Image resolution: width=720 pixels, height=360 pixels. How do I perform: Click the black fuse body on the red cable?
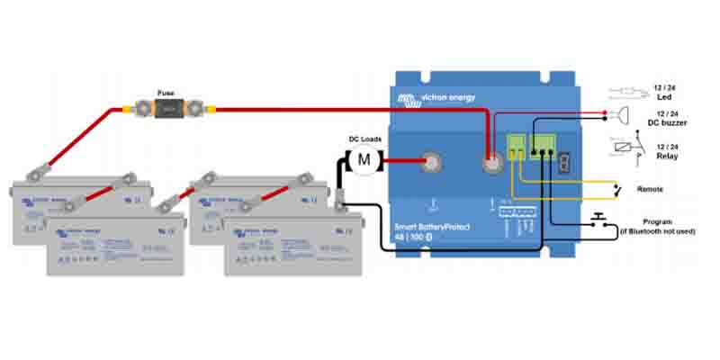click(167, 110)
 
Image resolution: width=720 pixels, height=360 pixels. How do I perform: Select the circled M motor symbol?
click(364, 159)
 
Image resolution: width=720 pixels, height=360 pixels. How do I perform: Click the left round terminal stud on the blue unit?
click(432, 163)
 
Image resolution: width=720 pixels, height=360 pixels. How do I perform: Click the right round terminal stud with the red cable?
click(492, 164)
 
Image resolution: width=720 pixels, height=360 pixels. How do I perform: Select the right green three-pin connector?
click(544, 145)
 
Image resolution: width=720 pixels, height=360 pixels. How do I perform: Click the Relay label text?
click(667, 155)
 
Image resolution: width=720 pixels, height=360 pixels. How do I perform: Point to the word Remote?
click(651, 190)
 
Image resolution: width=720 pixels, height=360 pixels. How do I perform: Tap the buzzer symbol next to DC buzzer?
click(622, 114)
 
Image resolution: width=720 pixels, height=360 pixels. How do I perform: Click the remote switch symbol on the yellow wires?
click(616, 190)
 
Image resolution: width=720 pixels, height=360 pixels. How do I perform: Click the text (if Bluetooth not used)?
click(658, 231)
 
